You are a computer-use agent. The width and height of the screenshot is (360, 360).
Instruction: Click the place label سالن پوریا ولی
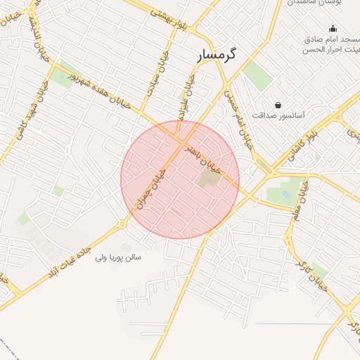click(120, 257)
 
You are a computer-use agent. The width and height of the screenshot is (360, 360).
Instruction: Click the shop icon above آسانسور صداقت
click(279, 105)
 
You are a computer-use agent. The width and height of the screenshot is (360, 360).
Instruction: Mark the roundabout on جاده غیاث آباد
click(123, 224)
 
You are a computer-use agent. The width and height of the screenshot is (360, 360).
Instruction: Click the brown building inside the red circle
click(208, 179)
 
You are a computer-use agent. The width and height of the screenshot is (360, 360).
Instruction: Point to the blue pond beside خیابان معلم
click(285, 192)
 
